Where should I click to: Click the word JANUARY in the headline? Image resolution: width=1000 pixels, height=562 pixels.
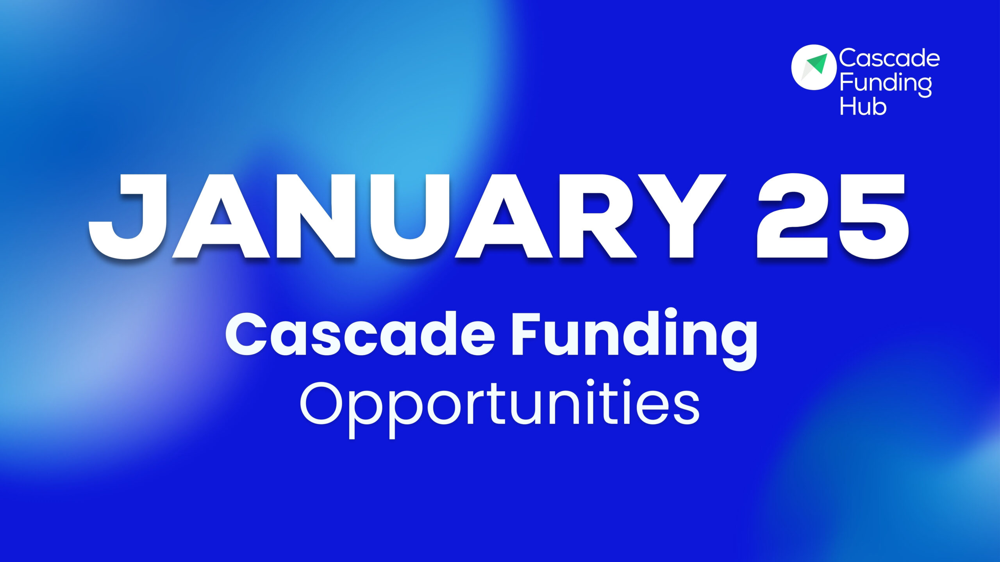tap(406, 217)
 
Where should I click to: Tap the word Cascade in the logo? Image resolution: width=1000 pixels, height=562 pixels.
tap(889, 58)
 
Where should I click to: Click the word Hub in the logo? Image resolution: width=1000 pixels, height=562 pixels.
tap(863, 107)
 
